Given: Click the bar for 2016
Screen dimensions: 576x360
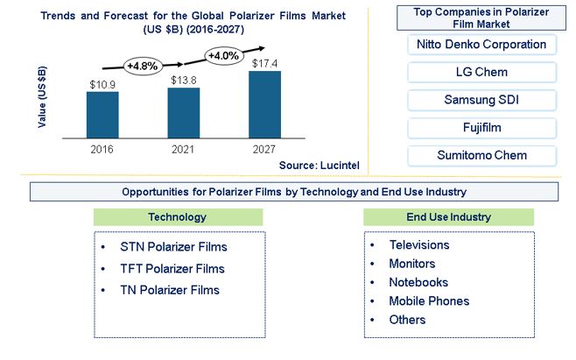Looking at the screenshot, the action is click(x=102, y=115).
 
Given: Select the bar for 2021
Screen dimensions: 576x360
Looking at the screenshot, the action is click(x=184, y=113).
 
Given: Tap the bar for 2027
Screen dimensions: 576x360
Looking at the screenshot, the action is click(x=265, y=104).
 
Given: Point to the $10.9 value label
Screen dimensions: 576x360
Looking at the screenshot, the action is click(x=102, y=85).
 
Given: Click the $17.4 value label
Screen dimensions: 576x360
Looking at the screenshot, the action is click(x=264, y=64).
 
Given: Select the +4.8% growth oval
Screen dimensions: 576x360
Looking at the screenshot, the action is click(x=142, y=67).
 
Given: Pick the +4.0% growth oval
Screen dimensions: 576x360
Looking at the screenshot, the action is click(x=223, y=56).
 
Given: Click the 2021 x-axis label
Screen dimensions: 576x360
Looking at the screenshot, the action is click(x=183, y=149).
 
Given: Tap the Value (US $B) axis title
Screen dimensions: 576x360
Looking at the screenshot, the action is click(x=42, y=96).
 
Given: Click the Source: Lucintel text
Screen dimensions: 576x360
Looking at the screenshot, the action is click(x=320, y=166).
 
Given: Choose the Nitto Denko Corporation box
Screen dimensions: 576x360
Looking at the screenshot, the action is click(x=482, y=45).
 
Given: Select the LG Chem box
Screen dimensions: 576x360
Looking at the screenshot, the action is click(x=482, y=72).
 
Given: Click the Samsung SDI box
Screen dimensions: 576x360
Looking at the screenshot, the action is click(x=482, y=100).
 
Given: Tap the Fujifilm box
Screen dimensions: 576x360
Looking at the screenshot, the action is click(x=482, y=128).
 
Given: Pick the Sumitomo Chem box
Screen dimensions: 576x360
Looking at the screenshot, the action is click(x=482, y=156).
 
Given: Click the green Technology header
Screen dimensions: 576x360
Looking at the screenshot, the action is click(x=179, y=217).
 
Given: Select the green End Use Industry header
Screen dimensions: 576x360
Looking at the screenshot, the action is click(x=448, y=217).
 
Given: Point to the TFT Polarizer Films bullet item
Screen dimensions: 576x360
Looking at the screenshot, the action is click(x=163, y=269).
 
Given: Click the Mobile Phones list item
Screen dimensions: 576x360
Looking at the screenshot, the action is click(x=420, y=301).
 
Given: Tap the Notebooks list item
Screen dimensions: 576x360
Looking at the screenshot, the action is click(x=409, y=282).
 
